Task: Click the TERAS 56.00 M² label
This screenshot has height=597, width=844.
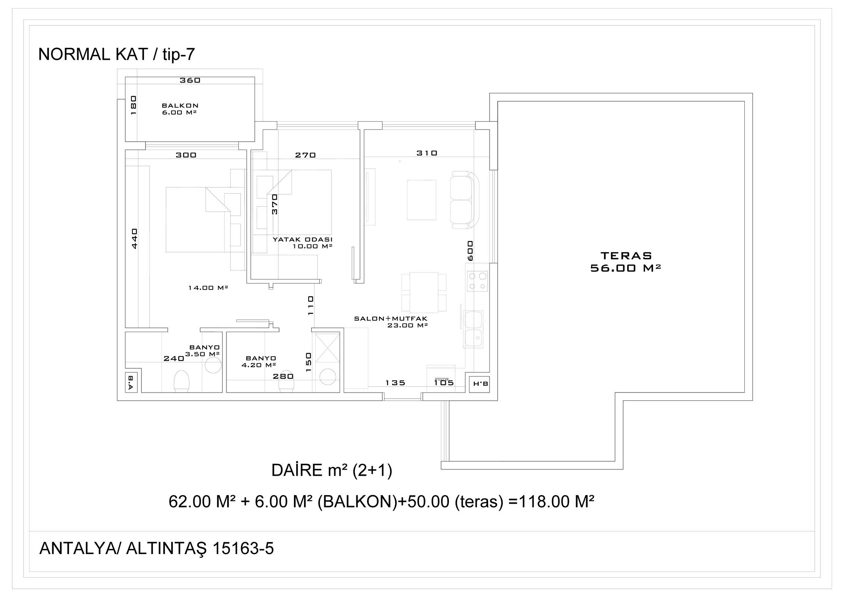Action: point(626,262)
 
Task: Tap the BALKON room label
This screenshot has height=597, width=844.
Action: point(180,106)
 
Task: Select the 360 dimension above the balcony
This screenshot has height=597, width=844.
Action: point(190,80)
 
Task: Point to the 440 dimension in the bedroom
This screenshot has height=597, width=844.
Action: point(135,238)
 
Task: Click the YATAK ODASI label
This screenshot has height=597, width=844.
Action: point(302,240)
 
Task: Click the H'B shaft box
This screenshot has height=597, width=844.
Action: point(481,384)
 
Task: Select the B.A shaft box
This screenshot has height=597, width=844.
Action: point(131,382)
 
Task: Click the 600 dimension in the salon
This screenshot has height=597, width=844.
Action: point(470,250)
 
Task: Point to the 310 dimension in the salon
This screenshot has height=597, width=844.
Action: point(427,153)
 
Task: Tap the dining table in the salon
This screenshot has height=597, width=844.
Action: point(424,293)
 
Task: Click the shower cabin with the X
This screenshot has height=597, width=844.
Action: point(328,348)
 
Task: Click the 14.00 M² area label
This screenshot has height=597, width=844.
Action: point(208,288)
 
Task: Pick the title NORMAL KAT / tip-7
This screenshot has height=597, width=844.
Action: point(116,54)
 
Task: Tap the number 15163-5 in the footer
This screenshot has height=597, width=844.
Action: point(243,548)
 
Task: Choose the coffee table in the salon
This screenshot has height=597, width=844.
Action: point(422,200)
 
